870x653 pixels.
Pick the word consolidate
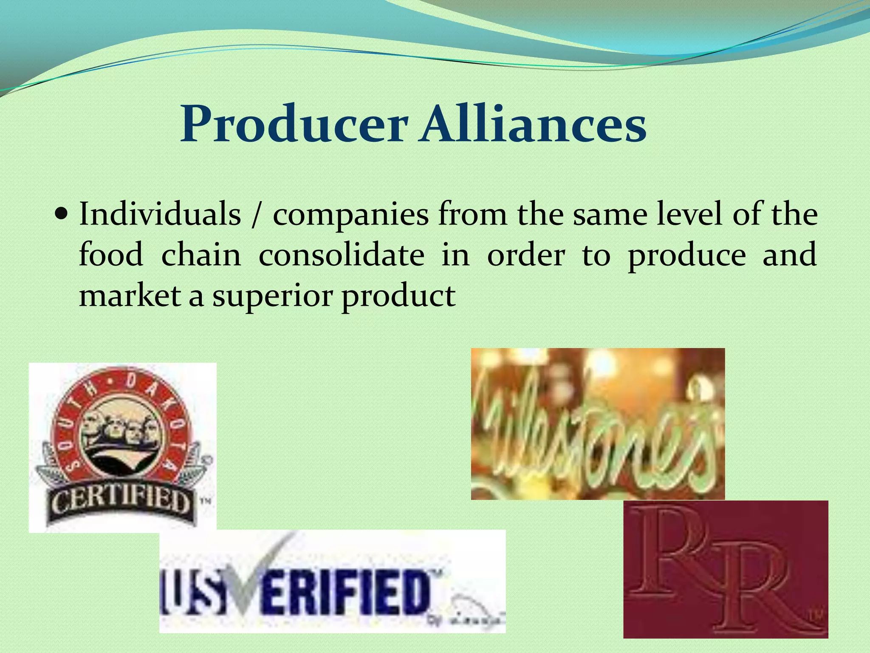(x=341, y=255)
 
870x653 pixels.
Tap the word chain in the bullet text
(x=201, y=255)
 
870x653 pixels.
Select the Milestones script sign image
(x=598, y=423)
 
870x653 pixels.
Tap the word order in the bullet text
(x=526, y=255)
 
